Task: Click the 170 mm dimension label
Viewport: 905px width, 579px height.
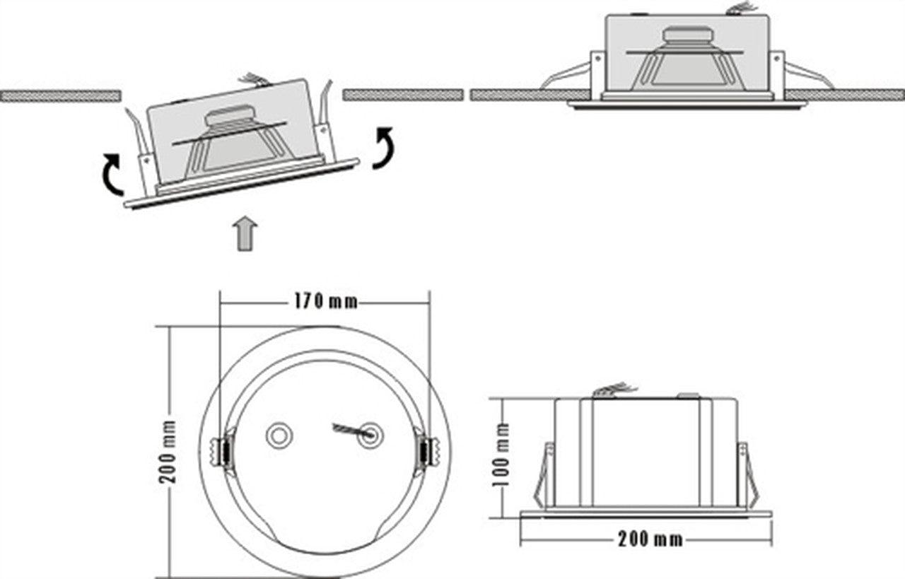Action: pos(325,302)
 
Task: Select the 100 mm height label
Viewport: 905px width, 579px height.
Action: pos(503,456)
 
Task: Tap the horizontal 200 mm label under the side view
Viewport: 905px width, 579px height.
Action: pos(650,539)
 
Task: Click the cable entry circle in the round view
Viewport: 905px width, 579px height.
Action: pos(369,435)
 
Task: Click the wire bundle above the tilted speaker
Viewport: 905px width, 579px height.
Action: pos(254,79)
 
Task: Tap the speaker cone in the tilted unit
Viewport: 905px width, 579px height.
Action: pos(233,141)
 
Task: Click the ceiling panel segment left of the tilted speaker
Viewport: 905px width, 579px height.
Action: pos(60,95)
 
